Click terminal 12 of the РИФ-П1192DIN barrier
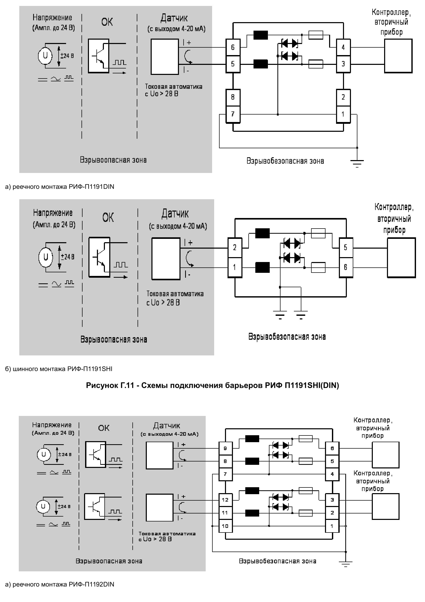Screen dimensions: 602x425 [x=225, y=500]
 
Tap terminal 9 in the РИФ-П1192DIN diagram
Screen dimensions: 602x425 [x=225, y=448]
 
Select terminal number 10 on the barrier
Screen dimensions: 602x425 [x=225, y=526]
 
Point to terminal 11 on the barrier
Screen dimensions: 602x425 [x=225, y=513]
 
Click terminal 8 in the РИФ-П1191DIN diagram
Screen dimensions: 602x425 [x=233, y=97]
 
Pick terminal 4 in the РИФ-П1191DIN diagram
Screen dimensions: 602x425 [x=343, y=47]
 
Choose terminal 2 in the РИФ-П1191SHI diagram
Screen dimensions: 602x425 [x=235, y=247]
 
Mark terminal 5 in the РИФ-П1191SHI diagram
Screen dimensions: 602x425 [x=346, y=247]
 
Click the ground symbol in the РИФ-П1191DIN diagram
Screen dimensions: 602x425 [x=357, y=163]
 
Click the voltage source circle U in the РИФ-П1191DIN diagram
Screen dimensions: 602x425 [x=45, y=56]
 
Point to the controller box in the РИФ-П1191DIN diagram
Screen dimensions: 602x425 [x=398, y=56]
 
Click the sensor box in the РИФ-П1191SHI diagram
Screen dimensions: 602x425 [x=166, y=258]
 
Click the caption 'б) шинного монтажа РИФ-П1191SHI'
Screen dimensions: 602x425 [x=59, y=369]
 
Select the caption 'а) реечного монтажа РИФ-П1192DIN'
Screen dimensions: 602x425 [x=59, y=584]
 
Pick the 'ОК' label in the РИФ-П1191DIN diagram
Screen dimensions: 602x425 [x=107, y=22]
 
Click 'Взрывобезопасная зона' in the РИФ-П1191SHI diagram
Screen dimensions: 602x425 [x=287, y=337]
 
